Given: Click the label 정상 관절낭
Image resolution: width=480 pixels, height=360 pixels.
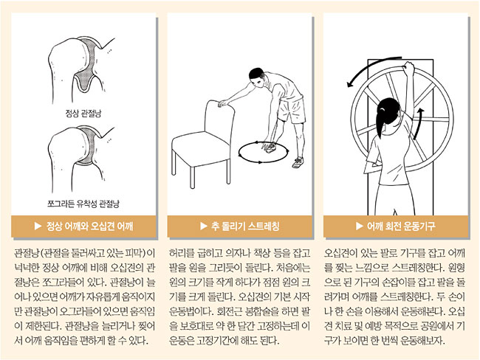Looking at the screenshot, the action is pyautogui.click(x=83, y=114).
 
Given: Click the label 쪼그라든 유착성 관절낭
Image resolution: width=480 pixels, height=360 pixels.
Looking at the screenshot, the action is pyautogui.click(x=83, y=204).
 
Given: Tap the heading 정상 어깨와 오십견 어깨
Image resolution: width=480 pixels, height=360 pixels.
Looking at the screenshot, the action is pyautogui.click(x=89, y=226).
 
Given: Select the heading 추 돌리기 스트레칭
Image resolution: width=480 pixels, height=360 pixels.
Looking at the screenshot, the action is pyautogui.click(x=245, y=226).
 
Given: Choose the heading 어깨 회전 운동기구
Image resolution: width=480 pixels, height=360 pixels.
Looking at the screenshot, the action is pyautogui.click(x=401, y=226).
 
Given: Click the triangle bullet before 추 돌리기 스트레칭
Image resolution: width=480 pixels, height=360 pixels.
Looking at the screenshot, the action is pyautogui.click(x=204, y=226).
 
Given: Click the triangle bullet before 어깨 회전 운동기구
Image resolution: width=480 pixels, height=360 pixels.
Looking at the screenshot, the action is pyautogui.click(x=360, y=226).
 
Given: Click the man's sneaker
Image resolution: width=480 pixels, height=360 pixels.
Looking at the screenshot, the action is pyautogui.click(x=298, y=162).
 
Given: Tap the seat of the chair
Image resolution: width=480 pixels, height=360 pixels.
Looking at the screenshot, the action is pyautogui.click(x=201, y=148).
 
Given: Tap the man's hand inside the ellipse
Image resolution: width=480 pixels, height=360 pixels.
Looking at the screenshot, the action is pyautogui.click(x=269, y=147).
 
